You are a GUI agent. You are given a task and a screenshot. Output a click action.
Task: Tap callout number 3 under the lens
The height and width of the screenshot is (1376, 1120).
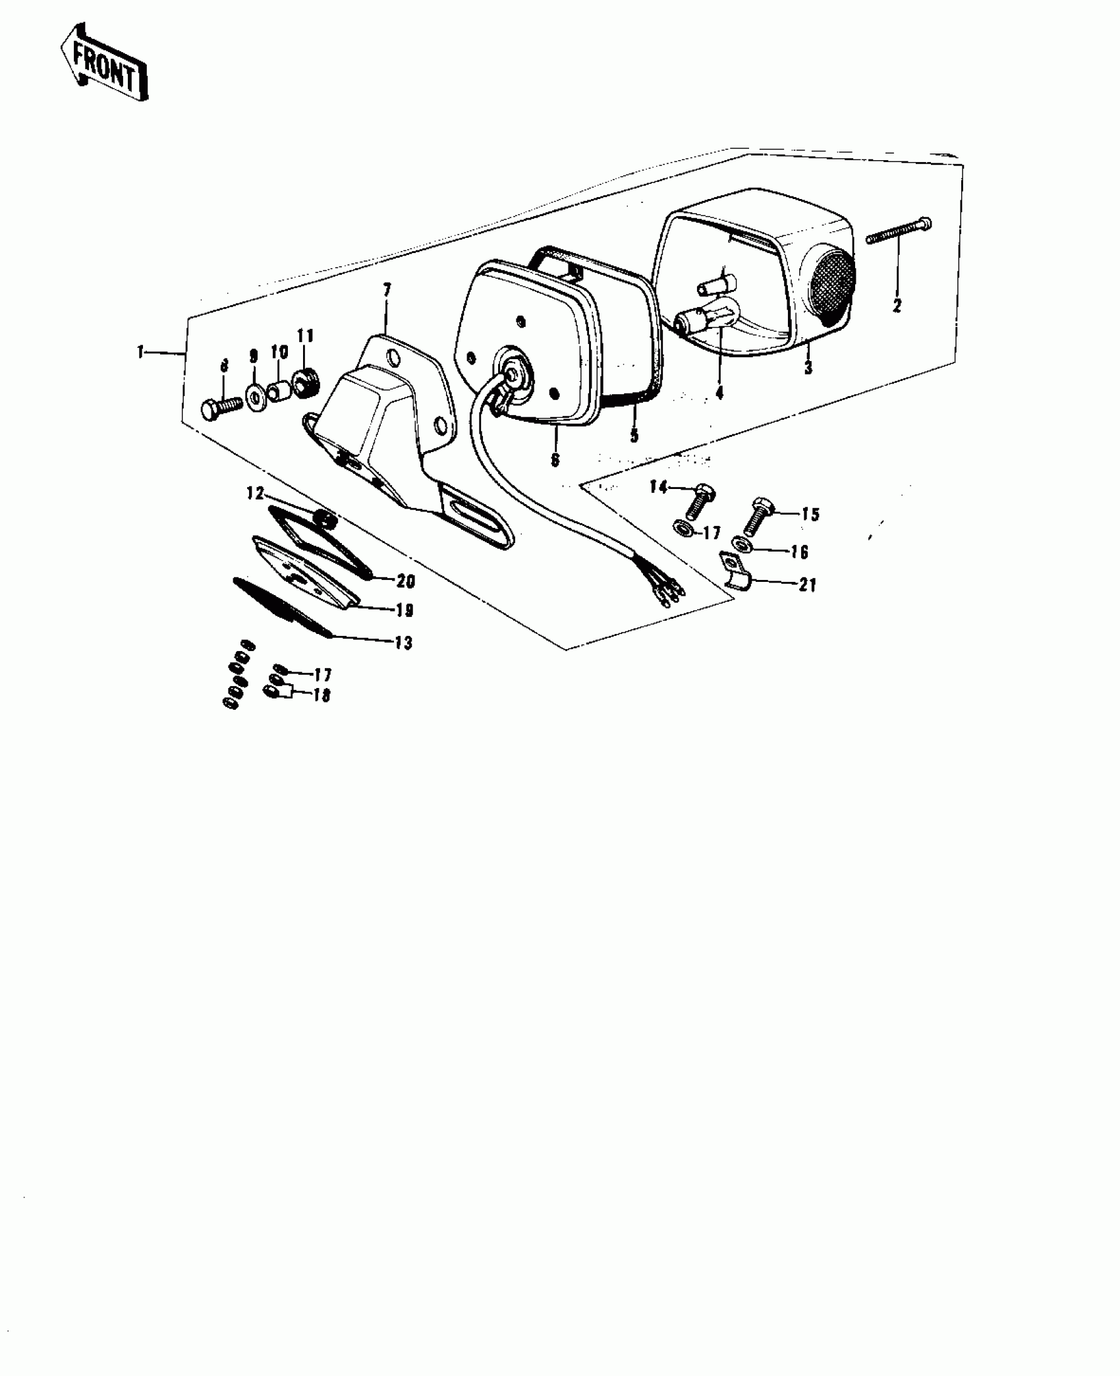pos(808,367)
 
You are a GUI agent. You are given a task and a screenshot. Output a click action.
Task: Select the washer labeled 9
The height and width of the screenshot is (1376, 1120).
pos(254,398)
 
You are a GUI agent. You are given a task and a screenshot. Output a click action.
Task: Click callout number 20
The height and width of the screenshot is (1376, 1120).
pos(406,581)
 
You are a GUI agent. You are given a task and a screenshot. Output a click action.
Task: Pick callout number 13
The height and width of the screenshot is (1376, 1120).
pos(403,643)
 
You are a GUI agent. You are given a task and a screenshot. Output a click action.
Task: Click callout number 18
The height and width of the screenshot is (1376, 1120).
pos(322,695)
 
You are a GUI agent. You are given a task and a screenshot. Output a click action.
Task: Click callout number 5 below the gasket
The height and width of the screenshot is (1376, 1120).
pos(634,436)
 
